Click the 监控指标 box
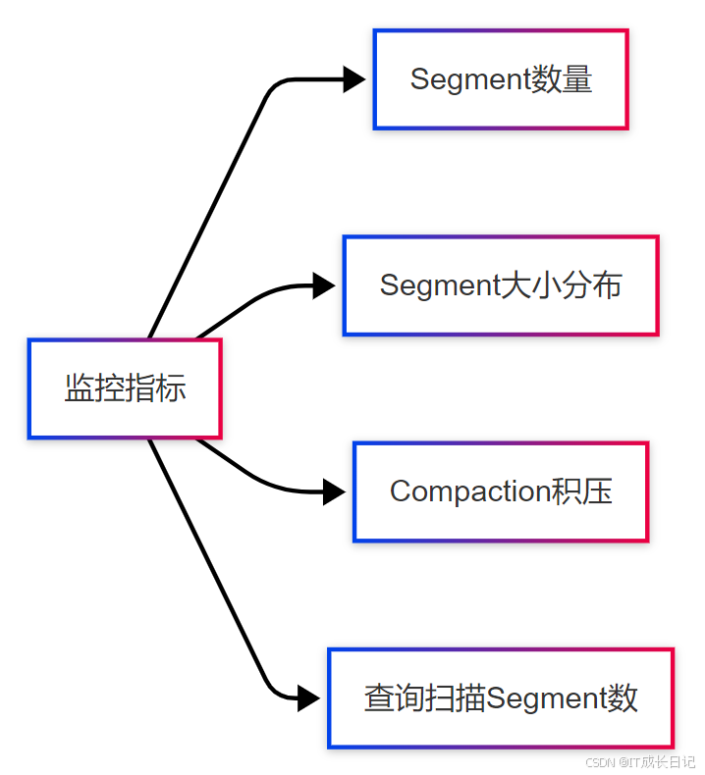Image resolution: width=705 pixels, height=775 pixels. (125, 388)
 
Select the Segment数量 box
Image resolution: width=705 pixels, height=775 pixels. (500, 79)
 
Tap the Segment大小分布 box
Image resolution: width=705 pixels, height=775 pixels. (500, 285)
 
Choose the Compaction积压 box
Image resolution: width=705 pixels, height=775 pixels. (500, 491)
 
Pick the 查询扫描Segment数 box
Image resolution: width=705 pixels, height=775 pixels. (500, 697)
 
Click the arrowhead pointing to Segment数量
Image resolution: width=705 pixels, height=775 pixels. (353, 79)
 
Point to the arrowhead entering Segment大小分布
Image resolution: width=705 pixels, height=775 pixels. (323, 285)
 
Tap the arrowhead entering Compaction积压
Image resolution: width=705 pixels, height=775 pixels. (334, 491)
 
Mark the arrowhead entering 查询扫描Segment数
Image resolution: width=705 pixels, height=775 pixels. (308, 697)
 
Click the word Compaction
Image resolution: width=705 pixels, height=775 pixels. (460, 491)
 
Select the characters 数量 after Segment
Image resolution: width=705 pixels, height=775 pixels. (563, 79)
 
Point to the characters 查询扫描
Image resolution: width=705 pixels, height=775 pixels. (424, 698)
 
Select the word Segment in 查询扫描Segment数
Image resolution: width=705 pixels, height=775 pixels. (547, 698)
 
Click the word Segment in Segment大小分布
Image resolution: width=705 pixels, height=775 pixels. (440, 285)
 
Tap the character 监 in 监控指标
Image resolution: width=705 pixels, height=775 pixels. (80, 388)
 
